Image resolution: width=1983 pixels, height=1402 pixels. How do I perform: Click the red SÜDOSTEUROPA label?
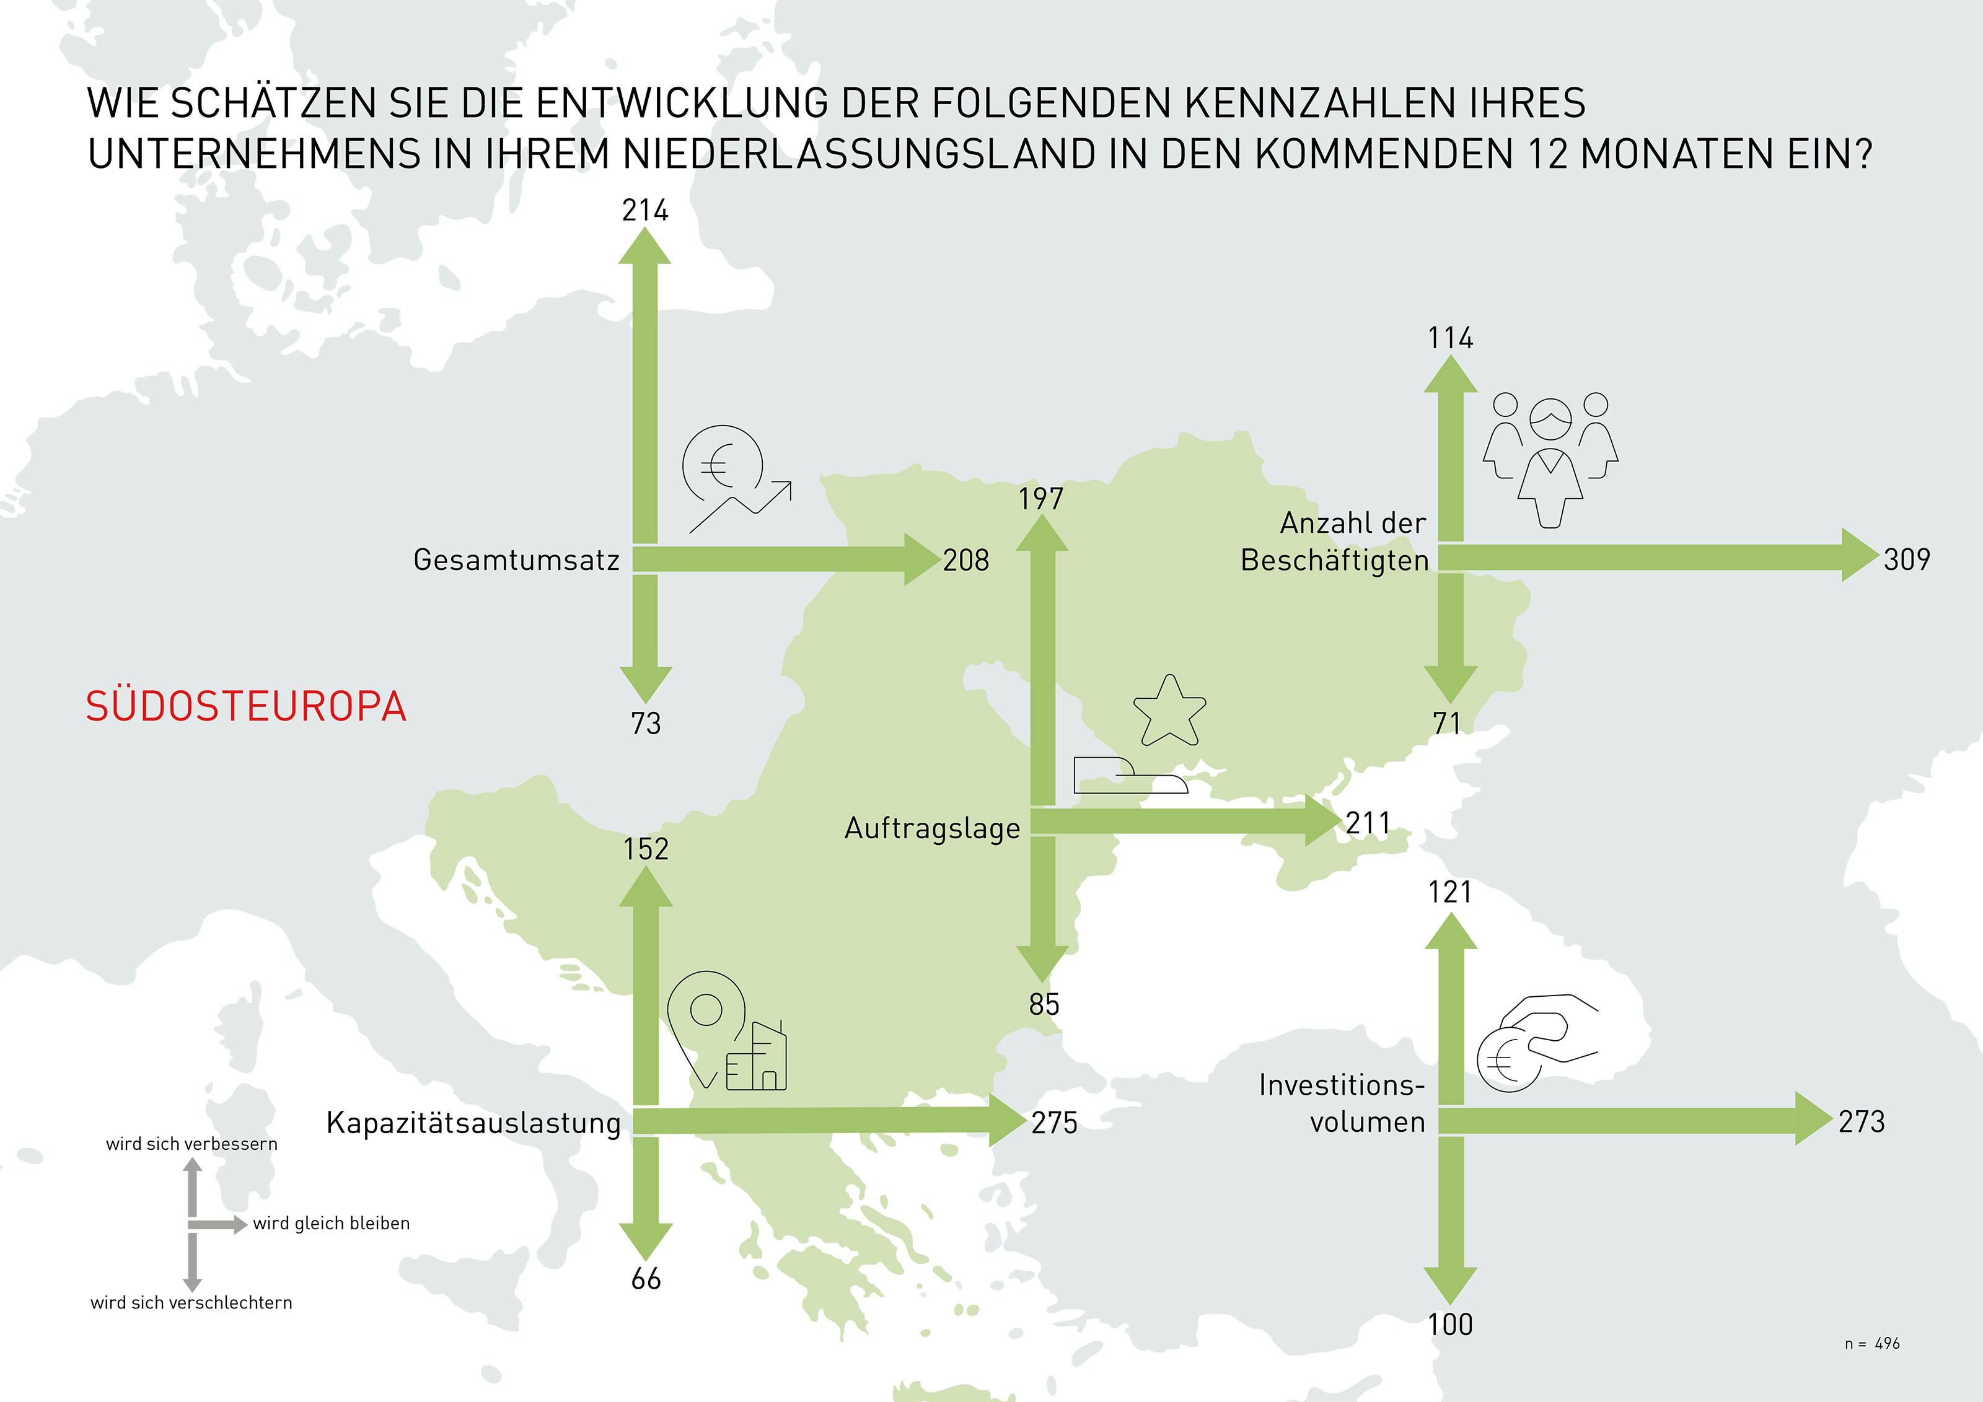tap(245, 706)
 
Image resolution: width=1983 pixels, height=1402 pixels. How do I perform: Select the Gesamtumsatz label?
tap(516, 560)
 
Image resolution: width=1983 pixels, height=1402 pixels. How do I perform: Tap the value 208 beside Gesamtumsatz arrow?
tap(965, 560)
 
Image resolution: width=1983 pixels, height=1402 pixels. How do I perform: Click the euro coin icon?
tap(722, 466)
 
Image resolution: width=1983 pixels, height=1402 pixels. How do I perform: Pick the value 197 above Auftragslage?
tap(1040, 499)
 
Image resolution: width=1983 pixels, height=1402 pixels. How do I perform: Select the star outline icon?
tap(1169, 712)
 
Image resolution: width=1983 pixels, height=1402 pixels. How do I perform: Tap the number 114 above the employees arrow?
tap(1450, 338)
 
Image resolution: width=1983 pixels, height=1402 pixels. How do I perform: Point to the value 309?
tap(1906, 559)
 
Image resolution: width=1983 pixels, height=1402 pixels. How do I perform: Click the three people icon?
tap(1550, 458)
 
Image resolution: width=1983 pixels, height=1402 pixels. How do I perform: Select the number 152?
tap(646, 849)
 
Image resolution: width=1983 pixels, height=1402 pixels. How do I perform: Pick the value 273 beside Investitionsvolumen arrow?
tap(1861, 1121)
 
